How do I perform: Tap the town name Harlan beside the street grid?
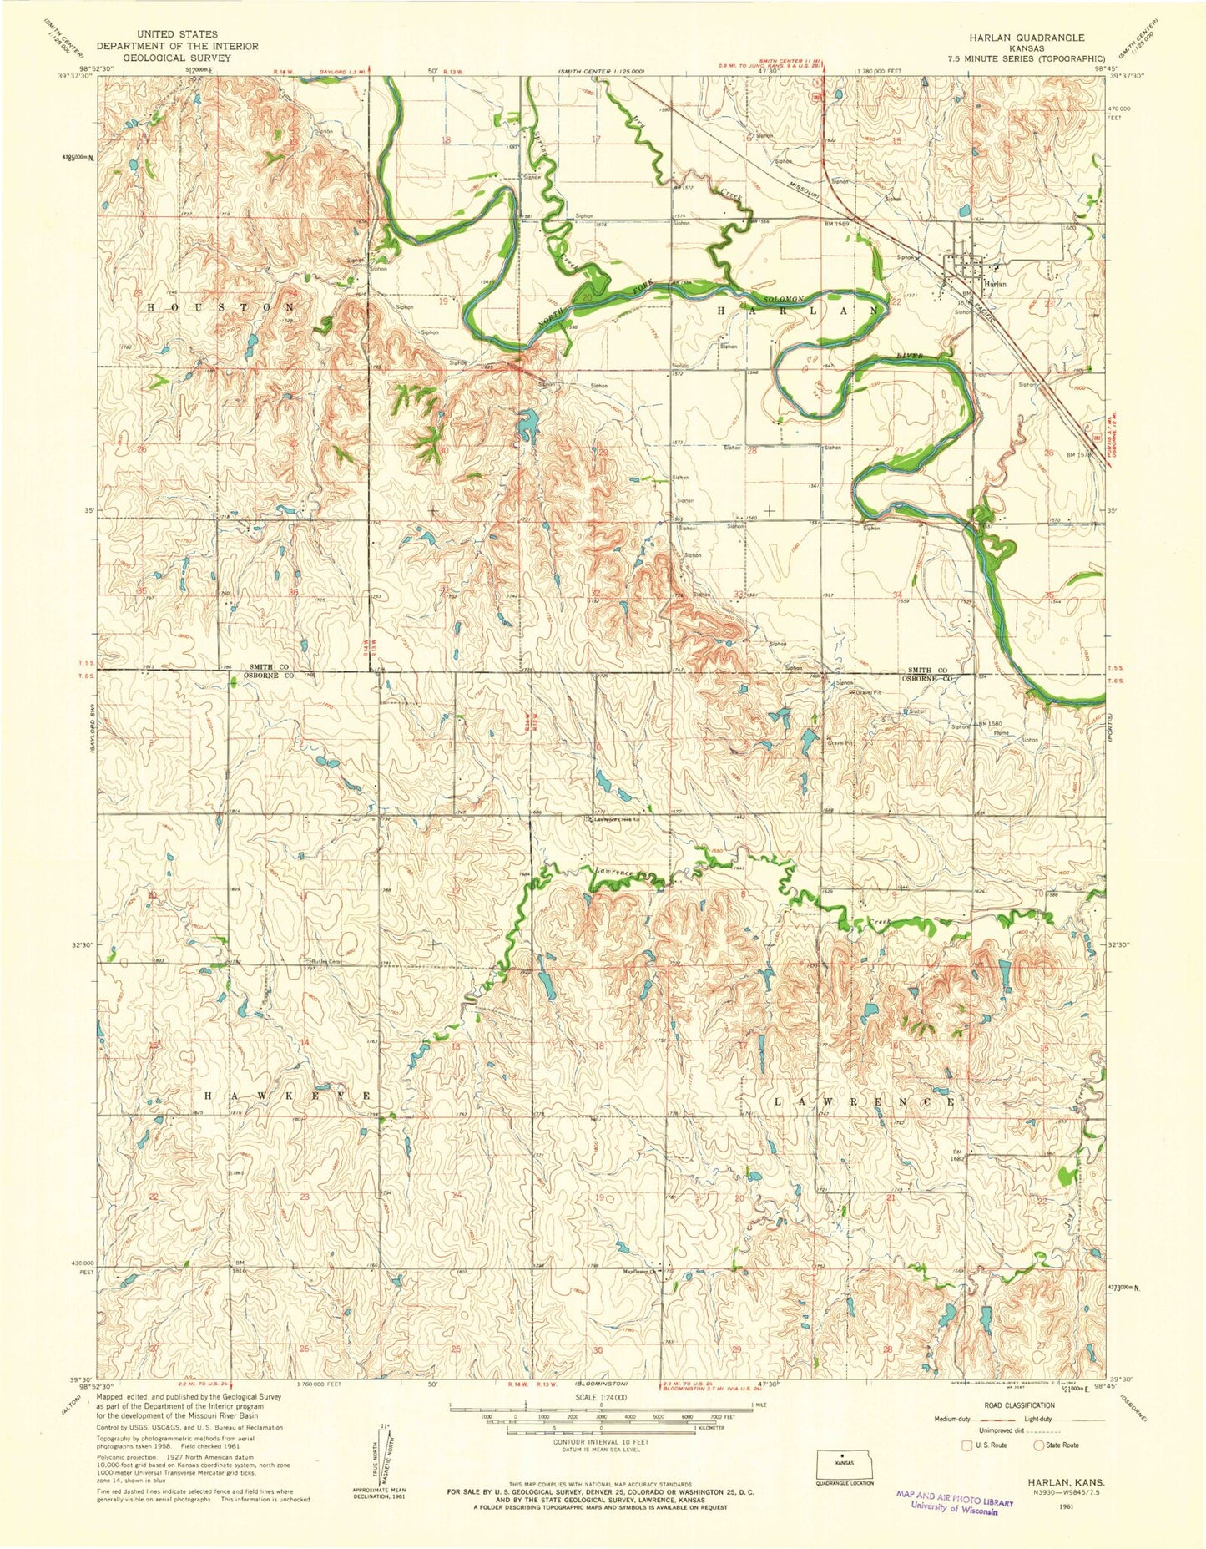996,284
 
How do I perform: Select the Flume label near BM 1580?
1001,733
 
